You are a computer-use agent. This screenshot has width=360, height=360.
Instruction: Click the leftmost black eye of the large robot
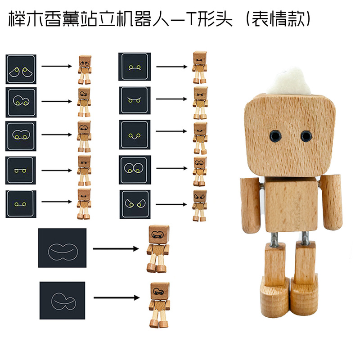(274, 135)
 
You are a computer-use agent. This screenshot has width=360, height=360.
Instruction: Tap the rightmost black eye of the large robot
(306, 135)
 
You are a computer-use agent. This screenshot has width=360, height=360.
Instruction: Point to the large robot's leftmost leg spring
(274, 239)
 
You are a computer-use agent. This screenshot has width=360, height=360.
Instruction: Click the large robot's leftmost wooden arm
(250, 205)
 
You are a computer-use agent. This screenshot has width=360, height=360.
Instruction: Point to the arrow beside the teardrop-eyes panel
(57, 67)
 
